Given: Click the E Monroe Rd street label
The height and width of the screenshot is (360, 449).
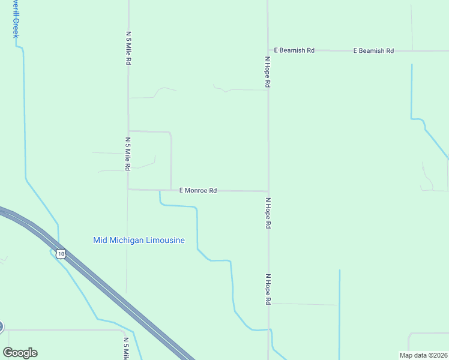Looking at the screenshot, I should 198,190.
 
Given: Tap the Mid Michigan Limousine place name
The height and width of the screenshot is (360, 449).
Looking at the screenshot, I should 139,241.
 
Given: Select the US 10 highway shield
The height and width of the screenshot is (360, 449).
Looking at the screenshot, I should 61,254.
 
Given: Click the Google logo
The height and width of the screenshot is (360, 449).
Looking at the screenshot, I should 20,353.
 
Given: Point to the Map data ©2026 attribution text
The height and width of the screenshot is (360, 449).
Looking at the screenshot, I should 423,355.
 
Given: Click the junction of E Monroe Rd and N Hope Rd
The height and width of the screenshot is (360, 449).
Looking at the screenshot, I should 268,191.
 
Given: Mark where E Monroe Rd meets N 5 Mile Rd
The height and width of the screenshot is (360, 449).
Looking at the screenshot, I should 128,190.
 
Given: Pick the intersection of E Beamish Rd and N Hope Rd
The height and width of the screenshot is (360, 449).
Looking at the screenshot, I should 268,50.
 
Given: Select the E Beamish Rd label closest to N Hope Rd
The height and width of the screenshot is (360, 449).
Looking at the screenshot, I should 294,50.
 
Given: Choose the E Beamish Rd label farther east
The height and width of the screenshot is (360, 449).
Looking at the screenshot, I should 373,51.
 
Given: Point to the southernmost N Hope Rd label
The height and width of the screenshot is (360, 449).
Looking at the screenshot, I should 268,290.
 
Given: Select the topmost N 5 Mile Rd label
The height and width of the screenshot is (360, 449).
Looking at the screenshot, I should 128,48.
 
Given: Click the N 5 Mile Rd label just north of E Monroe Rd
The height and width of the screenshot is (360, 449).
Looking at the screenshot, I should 128,154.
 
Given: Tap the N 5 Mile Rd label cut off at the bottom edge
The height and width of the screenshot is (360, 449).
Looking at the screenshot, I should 126,349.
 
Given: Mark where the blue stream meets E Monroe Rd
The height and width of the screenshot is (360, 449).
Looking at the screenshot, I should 160,191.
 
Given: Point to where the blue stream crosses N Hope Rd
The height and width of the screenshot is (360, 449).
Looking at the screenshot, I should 270,330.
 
